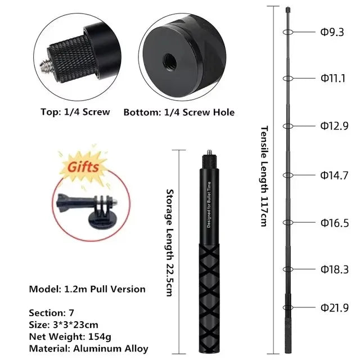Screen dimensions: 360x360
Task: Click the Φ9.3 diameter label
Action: tap(332, 32)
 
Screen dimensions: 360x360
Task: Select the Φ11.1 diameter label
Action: tap(333, 78)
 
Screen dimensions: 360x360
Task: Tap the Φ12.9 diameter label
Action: tap(334, 126)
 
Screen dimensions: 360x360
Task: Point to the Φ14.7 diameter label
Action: tap(334, 175)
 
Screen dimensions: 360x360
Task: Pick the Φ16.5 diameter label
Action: tap(335, 223)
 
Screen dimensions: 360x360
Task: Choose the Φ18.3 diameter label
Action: tap(335, 269)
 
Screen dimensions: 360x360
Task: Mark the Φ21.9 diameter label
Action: tap(335, 308)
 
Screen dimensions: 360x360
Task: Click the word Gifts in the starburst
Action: tap(83, 166)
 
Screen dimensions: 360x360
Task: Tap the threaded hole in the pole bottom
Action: tap(170, 61)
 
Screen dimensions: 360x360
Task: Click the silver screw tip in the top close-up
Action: tap(46, 66)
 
